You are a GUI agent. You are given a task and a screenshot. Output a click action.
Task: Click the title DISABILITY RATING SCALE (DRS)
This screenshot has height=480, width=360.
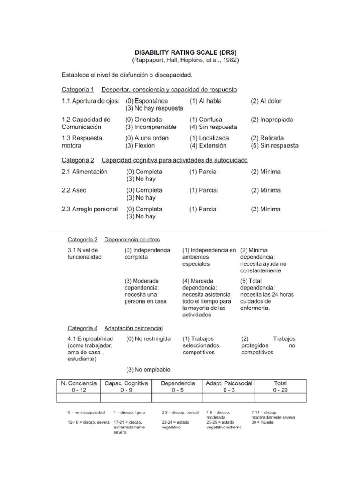(185, 53)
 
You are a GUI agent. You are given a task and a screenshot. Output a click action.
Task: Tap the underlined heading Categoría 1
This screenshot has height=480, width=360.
(78, 90)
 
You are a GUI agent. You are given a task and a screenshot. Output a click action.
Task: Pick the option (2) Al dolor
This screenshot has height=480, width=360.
(266, 101)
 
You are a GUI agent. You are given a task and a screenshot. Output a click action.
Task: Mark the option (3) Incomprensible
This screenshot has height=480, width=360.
(151, 127)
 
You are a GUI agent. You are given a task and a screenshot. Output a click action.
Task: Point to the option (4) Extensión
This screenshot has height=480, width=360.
(208, 146)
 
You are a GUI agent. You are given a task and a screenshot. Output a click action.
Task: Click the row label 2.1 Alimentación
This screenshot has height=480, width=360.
(84, 172)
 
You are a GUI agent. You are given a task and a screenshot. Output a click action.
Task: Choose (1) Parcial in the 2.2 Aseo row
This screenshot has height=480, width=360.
(203, 190)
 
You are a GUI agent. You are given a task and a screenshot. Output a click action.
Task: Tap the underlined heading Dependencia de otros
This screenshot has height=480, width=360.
(132, 240)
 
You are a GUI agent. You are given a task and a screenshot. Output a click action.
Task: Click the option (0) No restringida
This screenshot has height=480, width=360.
(149, 338)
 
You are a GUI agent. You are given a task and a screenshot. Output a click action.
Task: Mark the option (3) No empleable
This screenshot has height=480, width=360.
(148, 369)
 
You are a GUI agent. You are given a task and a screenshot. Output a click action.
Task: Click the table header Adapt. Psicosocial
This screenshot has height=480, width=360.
(229, 383)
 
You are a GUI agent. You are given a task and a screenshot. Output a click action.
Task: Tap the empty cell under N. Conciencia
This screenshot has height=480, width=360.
(78, 398)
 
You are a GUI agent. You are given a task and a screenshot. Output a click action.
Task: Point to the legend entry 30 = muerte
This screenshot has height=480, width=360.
(262, 422)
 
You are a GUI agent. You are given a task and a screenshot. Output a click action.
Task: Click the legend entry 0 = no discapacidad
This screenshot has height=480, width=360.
(86, 412)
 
